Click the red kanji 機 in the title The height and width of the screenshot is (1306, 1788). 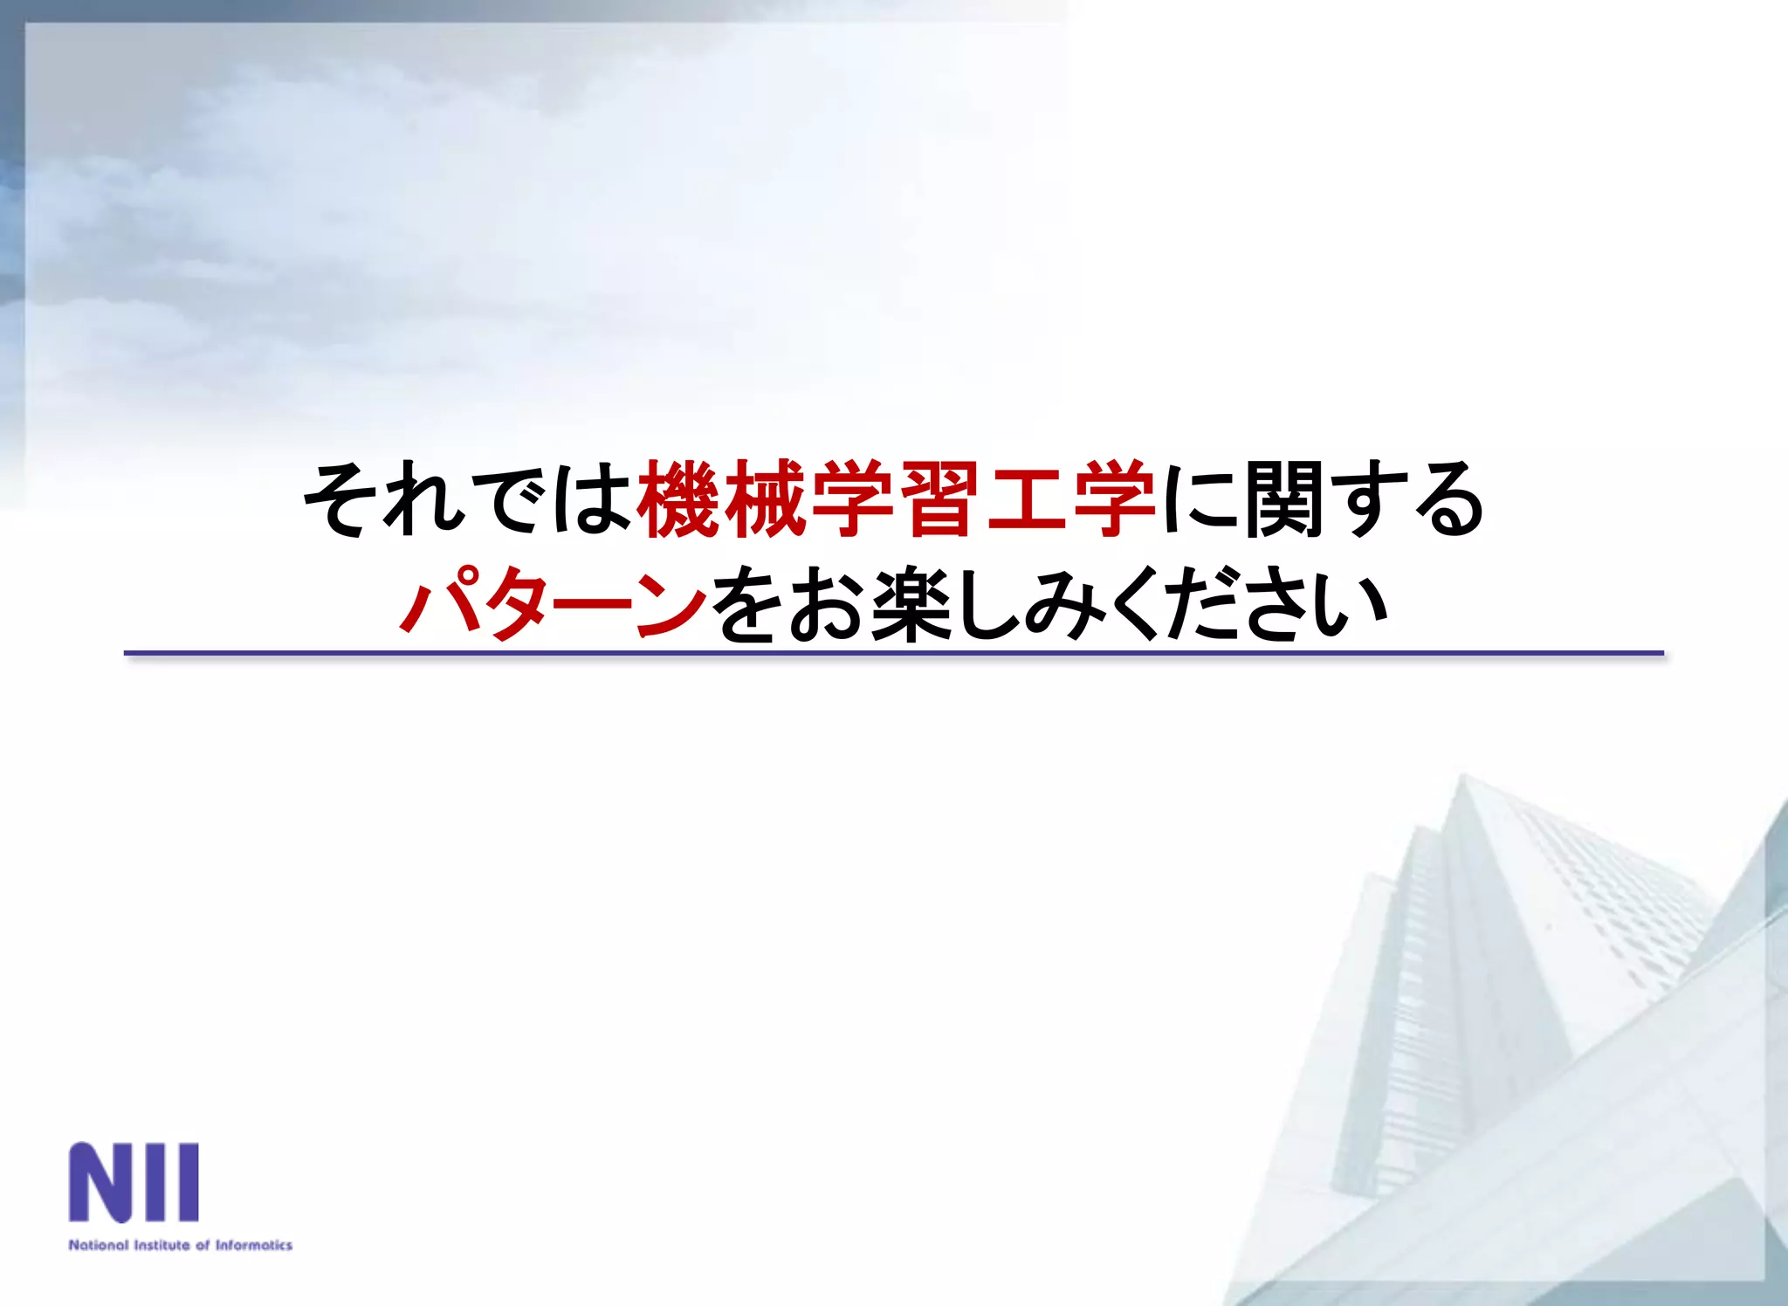[678, 499]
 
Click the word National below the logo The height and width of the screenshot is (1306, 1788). [99, 1245]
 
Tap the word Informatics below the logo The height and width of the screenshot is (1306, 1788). [254, 1245]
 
